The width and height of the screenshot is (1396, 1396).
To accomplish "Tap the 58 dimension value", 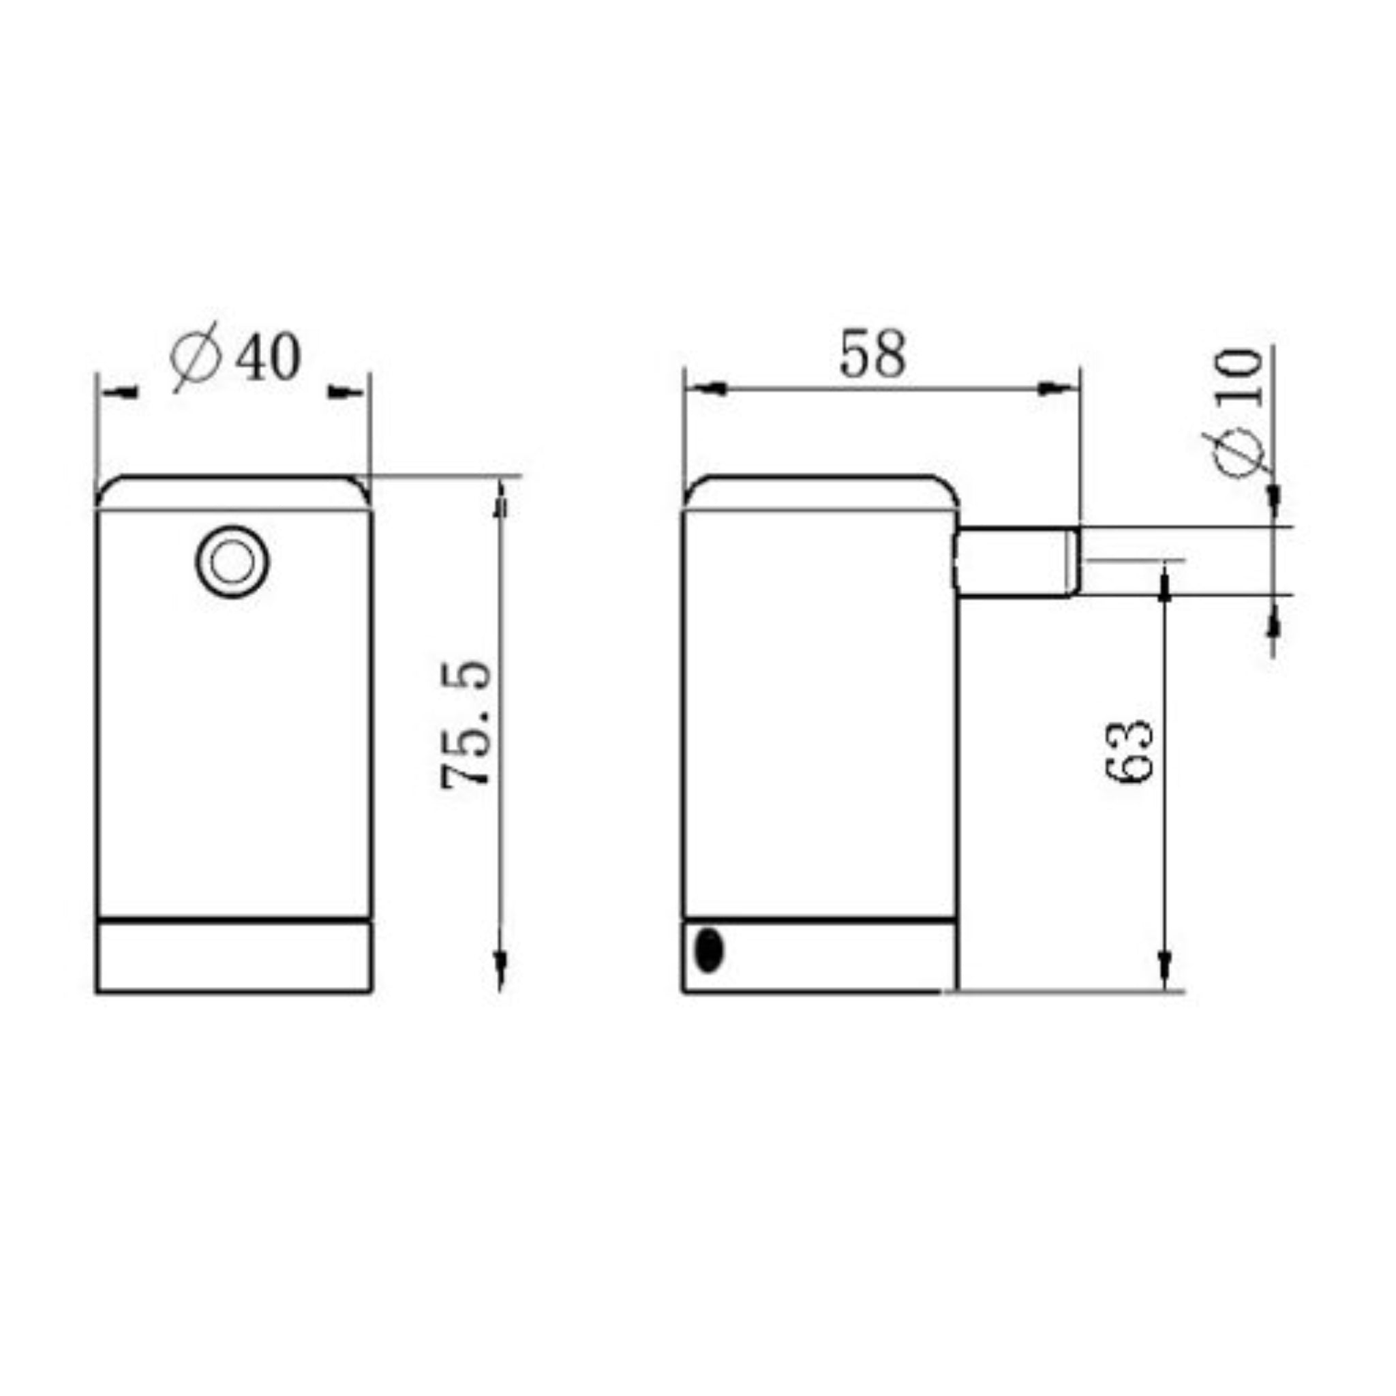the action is click(872, 354).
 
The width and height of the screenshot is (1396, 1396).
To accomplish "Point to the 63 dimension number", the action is click(1128, 751).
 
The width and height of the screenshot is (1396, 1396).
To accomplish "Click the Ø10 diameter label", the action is click(1240, 412).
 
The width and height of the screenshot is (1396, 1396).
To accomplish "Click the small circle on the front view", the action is click(232, 562).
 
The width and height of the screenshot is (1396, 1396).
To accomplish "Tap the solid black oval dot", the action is click(709, 951).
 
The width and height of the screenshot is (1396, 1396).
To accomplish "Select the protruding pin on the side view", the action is click(1019, 562).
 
